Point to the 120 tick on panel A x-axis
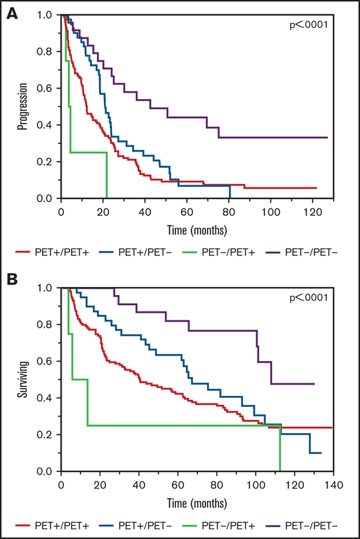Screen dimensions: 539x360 (312, 210)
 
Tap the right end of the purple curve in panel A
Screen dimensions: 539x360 (327, 138)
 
